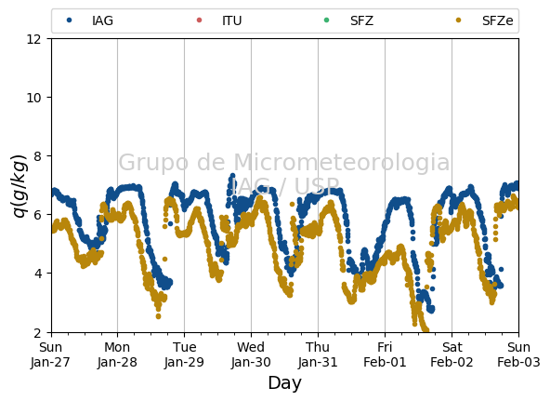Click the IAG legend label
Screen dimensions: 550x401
102,20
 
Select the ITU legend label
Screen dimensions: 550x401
232,20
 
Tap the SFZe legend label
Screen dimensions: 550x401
497,20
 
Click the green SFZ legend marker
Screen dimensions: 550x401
327,20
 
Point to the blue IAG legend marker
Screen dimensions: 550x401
69,20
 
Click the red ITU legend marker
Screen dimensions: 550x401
199,20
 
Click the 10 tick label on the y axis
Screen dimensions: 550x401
34,98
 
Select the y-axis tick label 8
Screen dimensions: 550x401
37,156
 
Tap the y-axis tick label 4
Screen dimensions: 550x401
37,274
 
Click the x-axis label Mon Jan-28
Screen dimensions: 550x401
117,354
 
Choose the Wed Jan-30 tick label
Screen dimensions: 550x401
251,354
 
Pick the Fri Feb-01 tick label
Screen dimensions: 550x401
385,354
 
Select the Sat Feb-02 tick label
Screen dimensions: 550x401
452,354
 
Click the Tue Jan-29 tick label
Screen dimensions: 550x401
184,354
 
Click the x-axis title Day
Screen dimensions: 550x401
285,383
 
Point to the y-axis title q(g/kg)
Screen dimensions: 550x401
20,186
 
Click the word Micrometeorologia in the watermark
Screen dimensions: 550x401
341,162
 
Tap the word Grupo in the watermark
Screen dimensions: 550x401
154,163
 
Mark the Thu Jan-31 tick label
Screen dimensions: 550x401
318,354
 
